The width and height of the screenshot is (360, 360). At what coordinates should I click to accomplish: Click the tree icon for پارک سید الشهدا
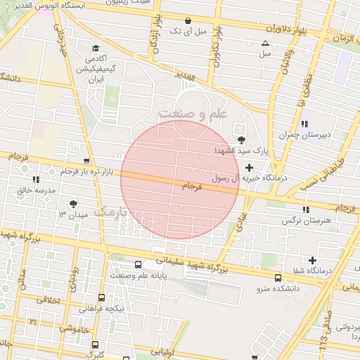pyautogui.click(x=243, y=140)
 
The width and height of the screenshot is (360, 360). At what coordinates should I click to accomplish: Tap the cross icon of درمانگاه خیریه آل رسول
pyautogui.click(x=249, y=167)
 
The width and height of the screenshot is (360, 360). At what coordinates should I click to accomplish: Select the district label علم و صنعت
pyautogui.click(x=193, y=113)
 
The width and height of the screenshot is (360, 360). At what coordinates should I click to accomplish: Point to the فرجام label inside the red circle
pyautogui.click(x=191, y=186)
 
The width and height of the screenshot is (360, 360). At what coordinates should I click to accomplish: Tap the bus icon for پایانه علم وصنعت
pyautogui.click(x=137, y=265)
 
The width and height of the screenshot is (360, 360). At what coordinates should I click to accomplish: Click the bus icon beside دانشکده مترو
pyautogui.click(x=278, y=278)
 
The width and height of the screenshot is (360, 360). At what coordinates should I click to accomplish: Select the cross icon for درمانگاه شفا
pyautogui.click(x=312, y=261)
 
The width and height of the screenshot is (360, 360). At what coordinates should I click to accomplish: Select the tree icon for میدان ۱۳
pyautogui.click(x=74, y=203)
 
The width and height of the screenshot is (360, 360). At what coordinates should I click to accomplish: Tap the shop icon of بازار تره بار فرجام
pyautogui.click(x=86, y=161)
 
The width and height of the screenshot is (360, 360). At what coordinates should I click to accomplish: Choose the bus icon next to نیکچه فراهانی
pyautogui.click(x=103, y=297)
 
